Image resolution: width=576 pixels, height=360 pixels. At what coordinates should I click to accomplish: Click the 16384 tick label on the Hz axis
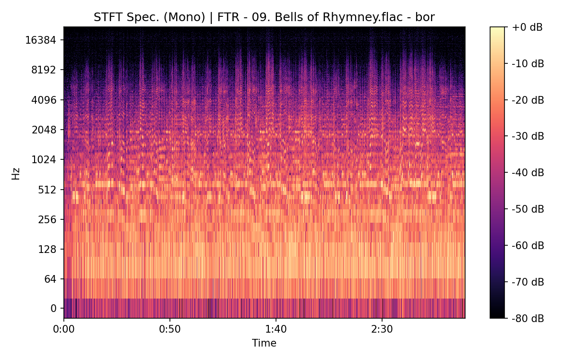click(x=40, y=40)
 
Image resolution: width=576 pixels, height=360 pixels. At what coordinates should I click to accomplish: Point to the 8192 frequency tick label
click(x=43, y=70)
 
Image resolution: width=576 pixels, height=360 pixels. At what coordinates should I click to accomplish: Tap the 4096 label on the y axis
click(x=43, y=100)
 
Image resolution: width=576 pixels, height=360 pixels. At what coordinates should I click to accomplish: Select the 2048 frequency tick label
click(x=43, y=130)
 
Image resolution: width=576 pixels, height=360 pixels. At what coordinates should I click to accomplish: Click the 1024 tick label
click(x=43, y=159)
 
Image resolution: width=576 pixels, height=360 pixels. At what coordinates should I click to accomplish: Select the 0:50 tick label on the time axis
click(x=169, y=329)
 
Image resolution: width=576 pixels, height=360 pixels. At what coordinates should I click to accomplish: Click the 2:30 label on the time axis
click(x=382, y=329)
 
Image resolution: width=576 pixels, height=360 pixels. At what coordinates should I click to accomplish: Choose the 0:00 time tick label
click(x=64, y=329)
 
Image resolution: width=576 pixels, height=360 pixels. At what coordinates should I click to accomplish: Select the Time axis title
click(x=264, y=343)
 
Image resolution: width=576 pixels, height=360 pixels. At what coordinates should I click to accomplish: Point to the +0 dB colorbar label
click(x=527, y=27)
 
